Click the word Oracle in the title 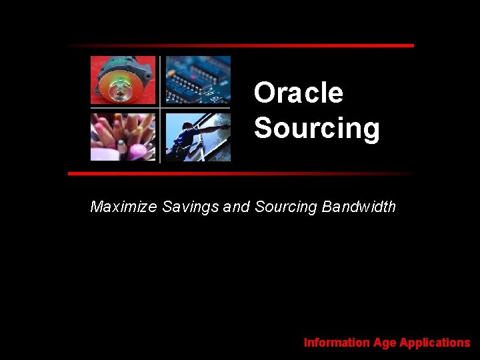298,93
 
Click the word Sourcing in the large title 317,128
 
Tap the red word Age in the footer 385,343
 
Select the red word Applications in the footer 435,343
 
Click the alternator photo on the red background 123,80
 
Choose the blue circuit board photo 198,80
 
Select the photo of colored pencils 123,137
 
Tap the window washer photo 198,137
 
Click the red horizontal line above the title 240,45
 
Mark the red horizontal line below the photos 240,173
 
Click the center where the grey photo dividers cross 160,108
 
